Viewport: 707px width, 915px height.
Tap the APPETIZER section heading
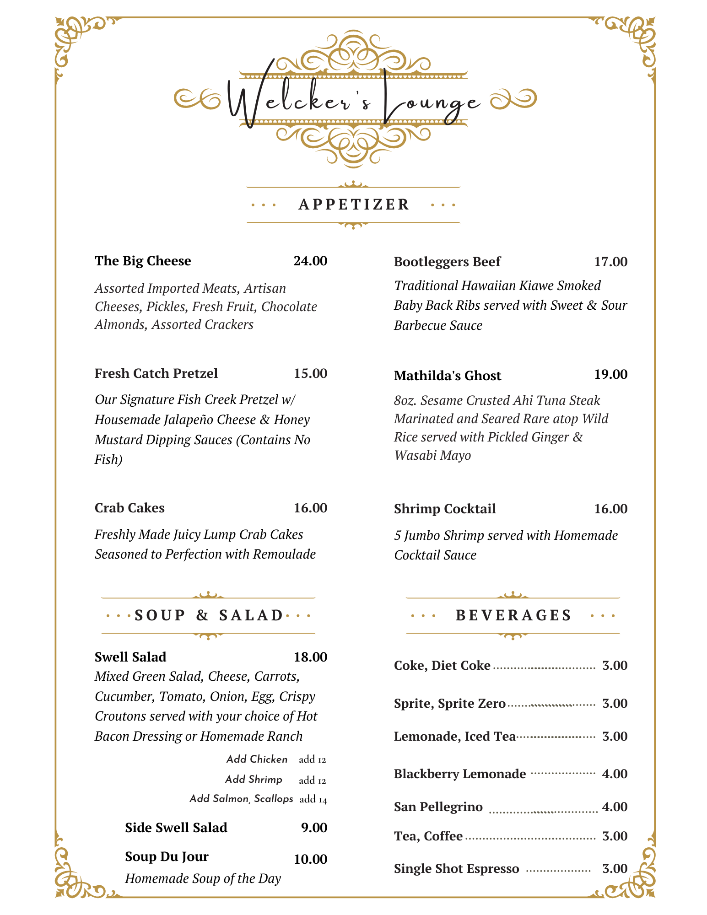[x=353, y=205]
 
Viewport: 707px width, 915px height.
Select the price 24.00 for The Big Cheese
[x=310, y=261]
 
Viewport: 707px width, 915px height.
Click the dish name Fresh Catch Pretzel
[x=156, y=373]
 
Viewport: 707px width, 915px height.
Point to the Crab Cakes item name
[x=130, y=508]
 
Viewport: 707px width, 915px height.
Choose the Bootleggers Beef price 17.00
[x=610, y=262]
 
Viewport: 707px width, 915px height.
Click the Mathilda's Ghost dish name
[x=447, y=376]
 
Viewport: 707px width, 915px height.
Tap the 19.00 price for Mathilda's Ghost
[x=610, y=374]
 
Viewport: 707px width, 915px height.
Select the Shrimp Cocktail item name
[x=445, y=509]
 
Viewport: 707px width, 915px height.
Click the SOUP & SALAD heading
[x=209, y=615]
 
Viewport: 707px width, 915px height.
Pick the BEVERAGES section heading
[x=513, y=615]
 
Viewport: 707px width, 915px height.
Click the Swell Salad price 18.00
[x=310, y=657]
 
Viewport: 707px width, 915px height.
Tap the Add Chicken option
[x=257, y=759]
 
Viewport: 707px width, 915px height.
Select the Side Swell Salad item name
[x=176, y=828]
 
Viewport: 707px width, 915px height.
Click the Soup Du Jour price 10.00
[x=310, y=859]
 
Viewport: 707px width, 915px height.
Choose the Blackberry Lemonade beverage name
[x=460, y=774]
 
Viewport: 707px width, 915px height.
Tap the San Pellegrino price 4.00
[x=615, y=807]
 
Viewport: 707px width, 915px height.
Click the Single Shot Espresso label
[x=456, y=868]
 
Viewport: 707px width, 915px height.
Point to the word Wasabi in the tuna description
[x=413, y=456]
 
